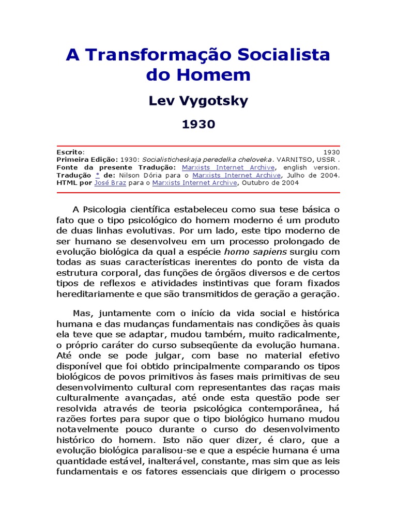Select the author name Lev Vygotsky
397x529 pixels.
tap(198, 101)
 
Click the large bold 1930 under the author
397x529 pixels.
tap(198, 125)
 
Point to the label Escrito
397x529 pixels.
tap(70, 152)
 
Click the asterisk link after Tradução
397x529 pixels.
tap(97, 175)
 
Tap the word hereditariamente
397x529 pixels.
tap(101, 294)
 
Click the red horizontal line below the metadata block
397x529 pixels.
tap(198, 193)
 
